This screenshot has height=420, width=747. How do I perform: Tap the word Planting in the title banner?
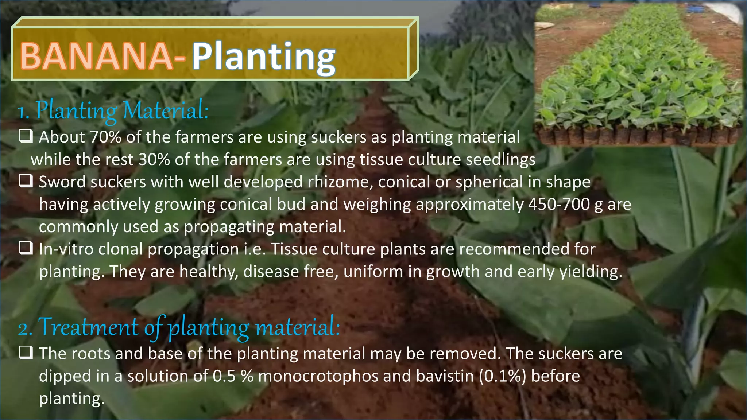tap(263, 58)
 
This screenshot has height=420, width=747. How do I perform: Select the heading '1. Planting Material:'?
tap(113, 110)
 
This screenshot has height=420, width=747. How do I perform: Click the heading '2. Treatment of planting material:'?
tap(179, 327)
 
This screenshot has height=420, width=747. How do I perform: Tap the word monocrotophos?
tap(318, 376)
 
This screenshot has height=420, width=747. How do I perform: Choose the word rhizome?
tap(340, 182)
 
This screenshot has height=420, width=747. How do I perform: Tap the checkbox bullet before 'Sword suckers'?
tap(26, 181)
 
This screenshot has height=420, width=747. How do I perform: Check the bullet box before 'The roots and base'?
tap(26, 353)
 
